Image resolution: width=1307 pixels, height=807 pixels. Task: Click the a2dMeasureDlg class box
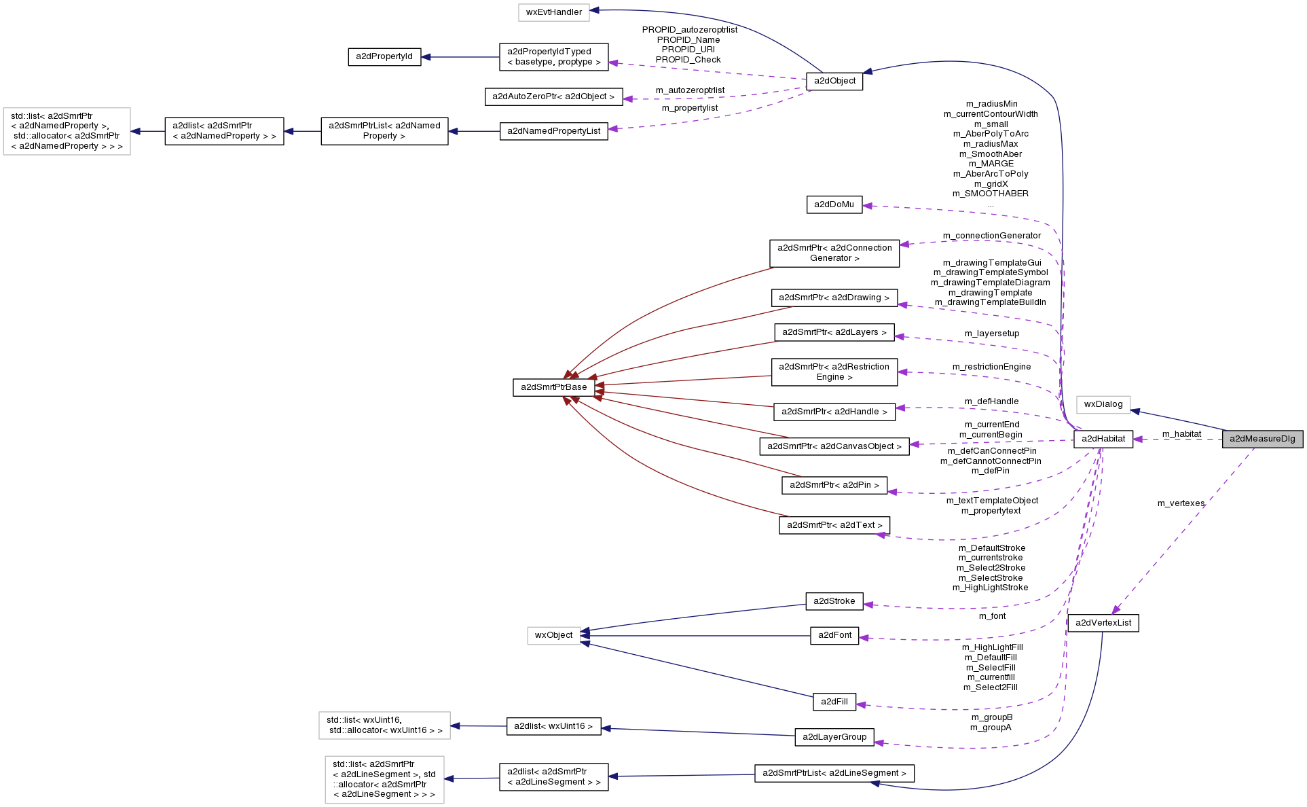click(1262, 439)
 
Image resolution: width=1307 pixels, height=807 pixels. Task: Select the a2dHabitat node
click(1103, 439)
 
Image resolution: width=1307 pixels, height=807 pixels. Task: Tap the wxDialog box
click(1103, 404)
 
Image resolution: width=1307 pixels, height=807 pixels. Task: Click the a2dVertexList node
click(1103, 623)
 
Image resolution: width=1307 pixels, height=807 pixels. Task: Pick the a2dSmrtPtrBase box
click(553, 387)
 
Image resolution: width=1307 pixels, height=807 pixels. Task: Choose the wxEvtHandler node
click(553, 12)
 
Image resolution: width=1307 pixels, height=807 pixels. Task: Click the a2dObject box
click(834, 81)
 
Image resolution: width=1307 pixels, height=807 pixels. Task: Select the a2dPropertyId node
click(384, 56)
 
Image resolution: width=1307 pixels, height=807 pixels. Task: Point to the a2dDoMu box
click(834, 204)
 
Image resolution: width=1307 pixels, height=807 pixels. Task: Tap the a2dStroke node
click(834, 601)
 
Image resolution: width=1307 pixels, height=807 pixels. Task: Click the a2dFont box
click(834, 635)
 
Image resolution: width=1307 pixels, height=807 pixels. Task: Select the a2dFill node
click(834, 702)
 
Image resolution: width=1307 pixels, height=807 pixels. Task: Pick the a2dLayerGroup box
click(834, 737)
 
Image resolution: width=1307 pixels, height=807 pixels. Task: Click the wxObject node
click(553, 635)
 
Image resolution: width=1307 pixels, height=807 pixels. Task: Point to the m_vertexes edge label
click(1181, 503)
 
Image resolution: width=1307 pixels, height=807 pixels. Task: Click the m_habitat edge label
click(1181, 434)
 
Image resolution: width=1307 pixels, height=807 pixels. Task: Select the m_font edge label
click(992, 616)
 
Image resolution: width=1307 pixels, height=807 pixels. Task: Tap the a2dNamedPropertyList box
click(553, 131)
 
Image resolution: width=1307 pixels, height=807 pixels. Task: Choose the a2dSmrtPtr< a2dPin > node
click(834, 485)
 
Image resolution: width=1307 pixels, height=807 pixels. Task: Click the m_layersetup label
click(991, 334)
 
